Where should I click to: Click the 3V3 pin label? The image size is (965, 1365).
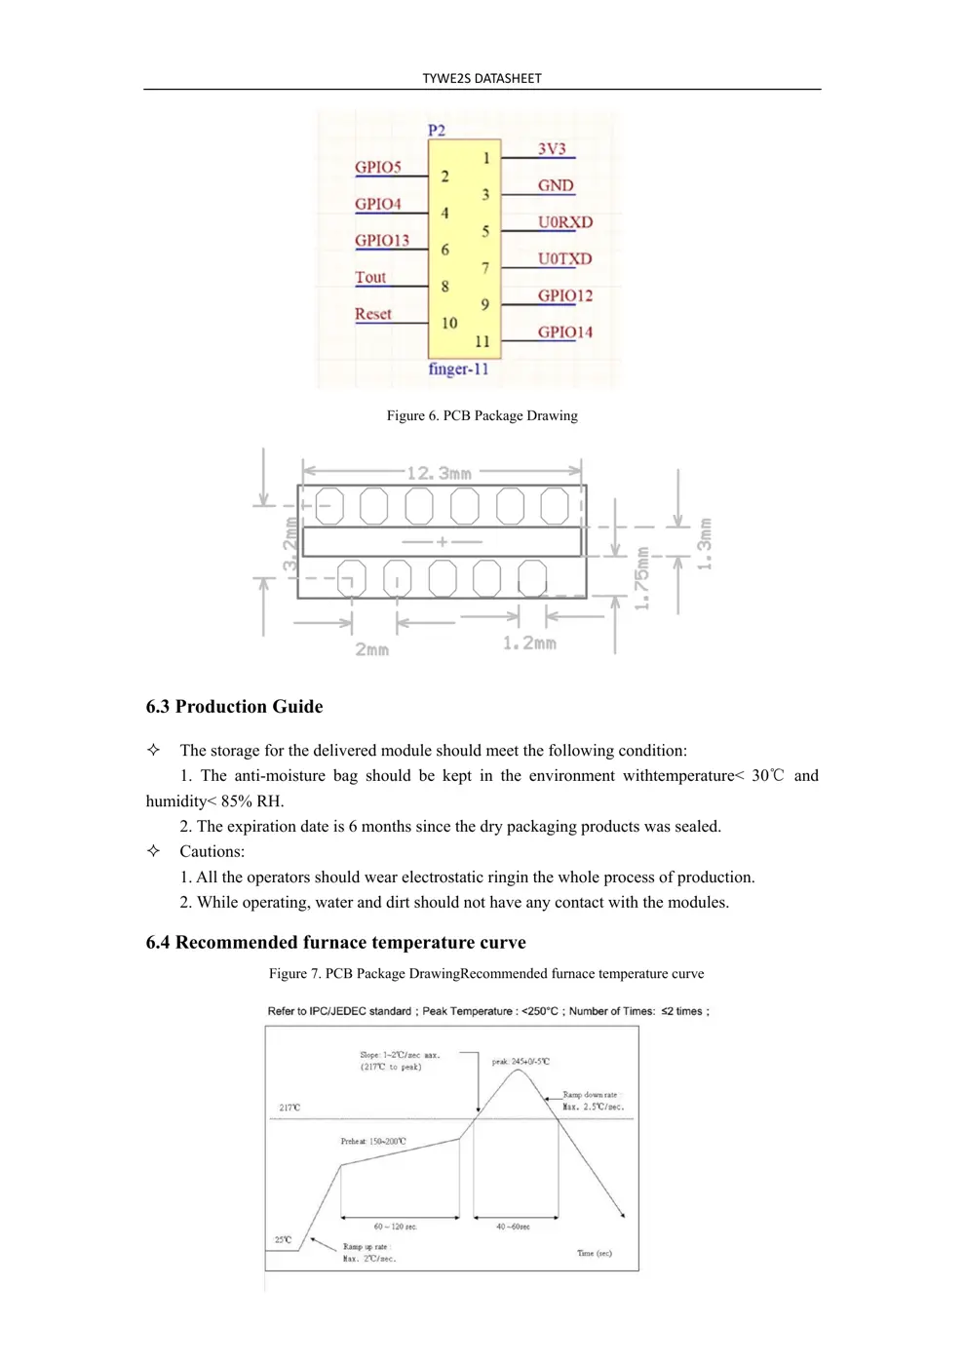tap(552, 149)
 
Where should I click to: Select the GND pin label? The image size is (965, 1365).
tap(556, 185)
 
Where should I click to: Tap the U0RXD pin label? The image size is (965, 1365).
tap(565, 222)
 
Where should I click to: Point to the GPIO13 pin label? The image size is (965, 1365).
tap(382, 241)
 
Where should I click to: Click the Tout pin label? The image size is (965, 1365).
tap(370, 278)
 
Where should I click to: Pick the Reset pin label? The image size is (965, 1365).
tap(373, 314)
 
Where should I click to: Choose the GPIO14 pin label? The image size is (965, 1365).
tap(565, 332)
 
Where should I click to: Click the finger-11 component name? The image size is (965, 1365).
tap(458, 370)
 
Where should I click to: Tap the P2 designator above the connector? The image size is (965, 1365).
tap(437, 131)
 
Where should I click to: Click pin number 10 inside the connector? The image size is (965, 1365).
tap(449, 323)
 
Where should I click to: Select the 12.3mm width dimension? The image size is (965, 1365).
tap(439, 473)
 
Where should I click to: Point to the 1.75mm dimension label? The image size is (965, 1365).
tap(641, 578)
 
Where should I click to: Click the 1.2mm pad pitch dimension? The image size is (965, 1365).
tap(529, 643)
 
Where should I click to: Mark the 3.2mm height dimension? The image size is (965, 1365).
tap(290, 544)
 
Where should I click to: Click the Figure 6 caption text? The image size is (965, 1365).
tap(482, 415)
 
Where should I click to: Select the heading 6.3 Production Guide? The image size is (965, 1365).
tap(234, 707)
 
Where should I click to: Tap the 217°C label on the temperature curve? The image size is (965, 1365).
tap(289, 1108)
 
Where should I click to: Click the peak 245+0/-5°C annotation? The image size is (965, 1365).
tap(521, 1061)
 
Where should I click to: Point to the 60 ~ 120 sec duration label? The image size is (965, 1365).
tap(395, 1227)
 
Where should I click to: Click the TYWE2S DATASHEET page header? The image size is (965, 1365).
tap(482, 78)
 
